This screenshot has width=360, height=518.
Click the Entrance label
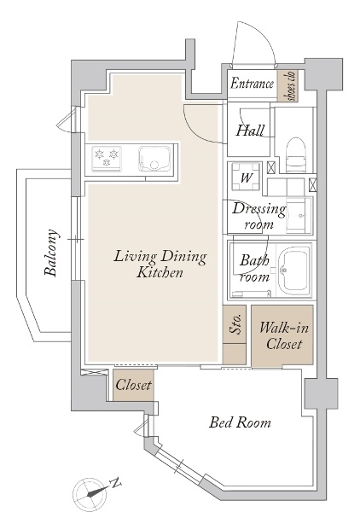[252, 84]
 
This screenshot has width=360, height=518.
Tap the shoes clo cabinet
[287, 85]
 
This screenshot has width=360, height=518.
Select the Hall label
[250, 131]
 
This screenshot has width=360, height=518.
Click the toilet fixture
[296, 155]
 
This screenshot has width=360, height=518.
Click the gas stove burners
[107, 159]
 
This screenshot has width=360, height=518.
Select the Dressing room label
[258, 216]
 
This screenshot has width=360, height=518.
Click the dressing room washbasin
[299, 215]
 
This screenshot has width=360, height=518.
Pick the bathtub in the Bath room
[294, 270]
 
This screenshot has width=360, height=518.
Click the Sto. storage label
[237, 323]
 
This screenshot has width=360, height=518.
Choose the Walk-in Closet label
[284, 335]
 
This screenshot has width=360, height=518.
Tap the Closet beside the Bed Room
[133, 385]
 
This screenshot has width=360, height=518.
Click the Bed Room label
[240, 422]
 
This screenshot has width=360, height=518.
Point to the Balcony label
[51, 253]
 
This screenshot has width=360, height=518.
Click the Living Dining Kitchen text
[160, 265]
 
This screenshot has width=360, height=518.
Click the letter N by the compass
[115, 483]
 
